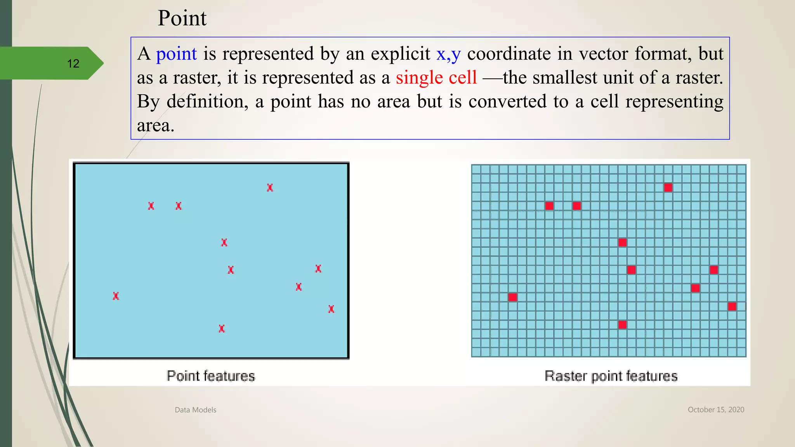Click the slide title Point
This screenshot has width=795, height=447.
[x=182, y=18]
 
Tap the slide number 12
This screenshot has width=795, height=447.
[x=73, y=64]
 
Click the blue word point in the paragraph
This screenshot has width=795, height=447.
[x=176, y=54]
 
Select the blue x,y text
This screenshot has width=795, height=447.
[x=448, y=54]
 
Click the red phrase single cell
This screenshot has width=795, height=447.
[x=436, y=78]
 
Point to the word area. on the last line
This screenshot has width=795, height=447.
[x=155, y=125]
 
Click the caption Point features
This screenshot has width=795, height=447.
[x=211, y=376]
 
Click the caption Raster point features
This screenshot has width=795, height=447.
[x=611, y=376]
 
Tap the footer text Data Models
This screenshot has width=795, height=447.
[x=195, y=410]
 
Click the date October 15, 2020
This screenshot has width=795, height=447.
[x=716, y=409]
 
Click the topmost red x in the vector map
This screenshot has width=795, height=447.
[x=270, y=188]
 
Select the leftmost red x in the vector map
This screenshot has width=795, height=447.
[x=116, y=296]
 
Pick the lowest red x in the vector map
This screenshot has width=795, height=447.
[x=222, y=329]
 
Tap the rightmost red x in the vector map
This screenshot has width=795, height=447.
[x=331, y=309]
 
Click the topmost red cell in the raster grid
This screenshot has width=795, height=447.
[x=668, y=188]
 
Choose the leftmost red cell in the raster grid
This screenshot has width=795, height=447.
[x=512, y=297]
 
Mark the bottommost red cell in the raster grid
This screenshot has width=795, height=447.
[x=622, y=325]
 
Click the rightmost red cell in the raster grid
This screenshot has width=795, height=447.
[x=732, y=307]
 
